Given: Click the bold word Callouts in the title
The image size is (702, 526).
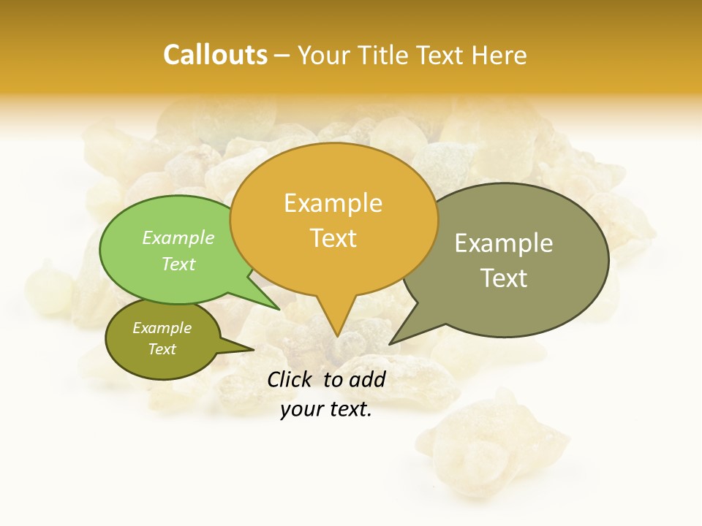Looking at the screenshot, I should [215, 55].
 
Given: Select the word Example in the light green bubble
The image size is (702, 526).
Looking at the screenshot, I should [178, 237].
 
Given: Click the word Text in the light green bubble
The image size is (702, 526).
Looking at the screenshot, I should [178, 264].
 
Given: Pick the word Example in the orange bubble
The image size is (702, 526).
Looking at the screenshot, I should [333, 203].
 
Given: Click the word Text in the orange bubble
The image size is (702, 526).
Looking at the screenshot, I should [333, 238].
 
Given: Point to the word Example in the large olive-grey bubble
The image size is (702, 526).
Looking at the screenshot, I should [504, 243].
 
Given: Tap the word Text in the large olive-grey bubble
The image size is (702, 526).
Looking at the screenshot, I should [504, 278].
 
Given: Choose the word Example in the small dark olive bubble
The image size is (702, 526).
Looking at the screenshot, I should [162, 328].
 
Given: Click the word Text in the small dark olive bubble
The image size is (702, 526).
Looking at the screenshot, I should [162, 349].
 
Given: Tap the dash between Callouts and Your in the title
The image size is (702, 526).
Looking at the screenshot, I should [282, 56].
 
